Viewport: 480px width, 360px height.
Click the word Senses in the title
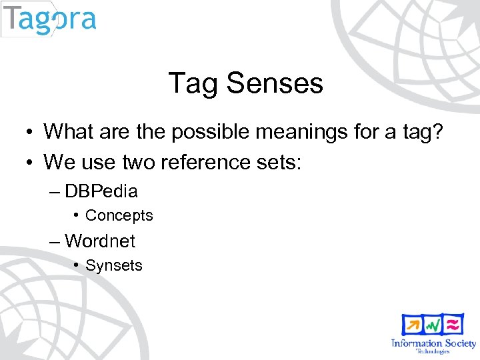tap(275, 83)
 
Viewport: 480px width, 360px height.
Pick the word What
tap(71, 131)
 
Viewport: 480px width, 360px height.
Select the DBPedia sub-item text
tap(101, 191)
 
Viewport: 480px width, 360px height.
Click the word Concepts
tap(119, 215)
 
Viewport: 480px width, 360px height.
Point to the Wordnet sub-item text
tap(100, 240)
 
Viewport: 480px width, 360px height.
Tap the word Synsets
tap(114, 265)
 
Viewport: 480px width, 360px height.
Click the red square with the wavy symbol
tap(453, 325)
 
